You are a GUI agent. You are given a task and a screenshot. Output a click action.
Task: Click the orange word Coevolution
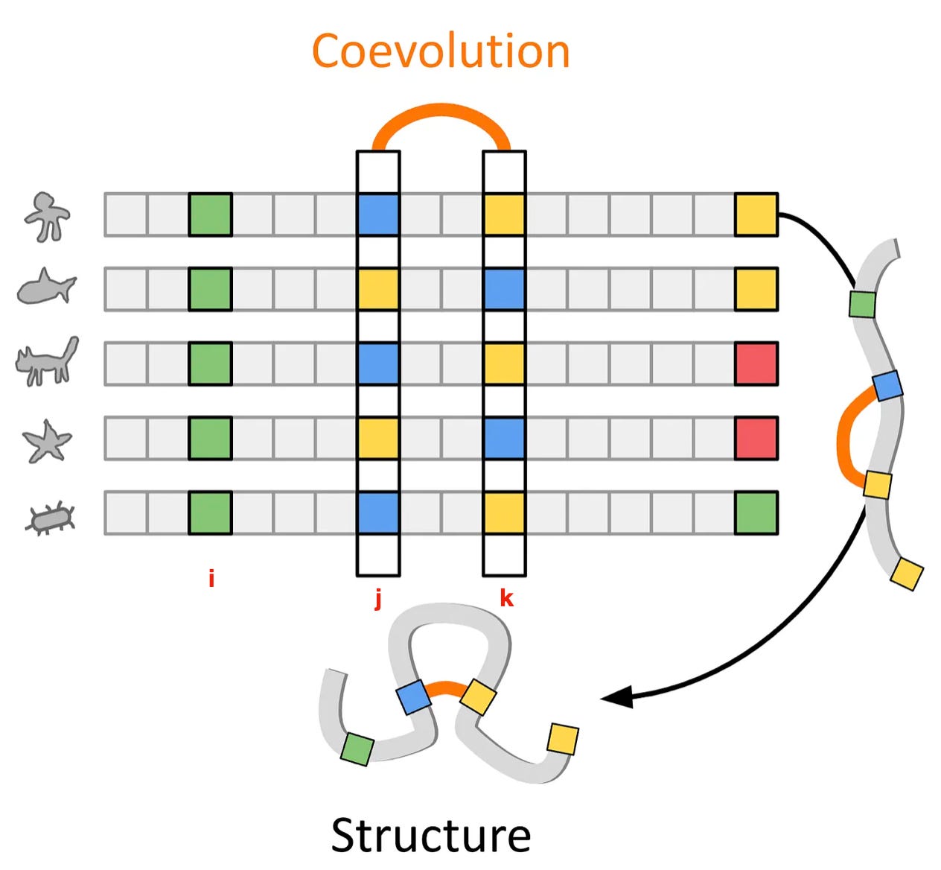coord(440,51)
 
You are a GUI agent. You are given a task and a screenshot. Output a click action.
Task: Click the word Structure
coord(431,836)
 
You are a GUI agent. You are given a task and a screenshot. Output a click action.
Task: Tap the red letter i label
coord(211,579)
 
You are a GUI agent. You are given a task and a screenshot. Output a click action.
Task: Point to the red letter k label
coord(506,598)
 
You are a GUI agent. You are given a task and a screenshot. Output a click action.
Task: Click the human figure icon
coord(47,217)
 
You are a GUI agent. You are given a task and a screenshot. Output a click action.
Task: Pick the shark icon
coord(46,286)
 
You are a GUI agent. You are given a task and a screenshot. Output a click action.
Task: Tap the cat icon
coord(46,361)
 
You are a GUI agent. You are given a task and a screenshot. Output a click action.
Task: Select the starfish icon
coord(47,441)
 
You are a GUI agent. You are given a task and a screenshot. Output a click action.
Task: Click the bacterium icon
coord(50,518)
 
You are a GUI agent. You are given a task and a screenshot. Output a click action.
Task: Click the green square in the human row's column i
coord(211,215)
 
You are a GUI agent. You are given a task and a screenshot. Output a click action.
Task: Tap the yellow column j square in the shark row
coord(378,289)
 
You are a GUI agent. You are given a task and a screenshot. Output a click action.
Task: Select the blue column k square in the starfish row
coord(504,438)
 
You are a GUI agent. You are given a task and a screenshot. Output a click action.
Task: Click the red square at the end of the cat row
coord(756,363)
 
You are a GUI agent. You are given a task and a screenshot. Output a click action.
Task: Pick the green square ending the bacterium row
coord(756,513)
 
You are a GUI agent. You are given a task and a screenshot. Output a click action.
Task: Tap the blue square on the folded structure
coord(414,697)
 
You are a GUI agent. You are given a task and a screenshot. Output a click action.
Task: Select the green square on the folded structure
coord(357,749)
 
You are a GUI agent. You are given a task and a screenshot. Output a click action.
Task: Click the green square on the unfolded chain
coord(862,305)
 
